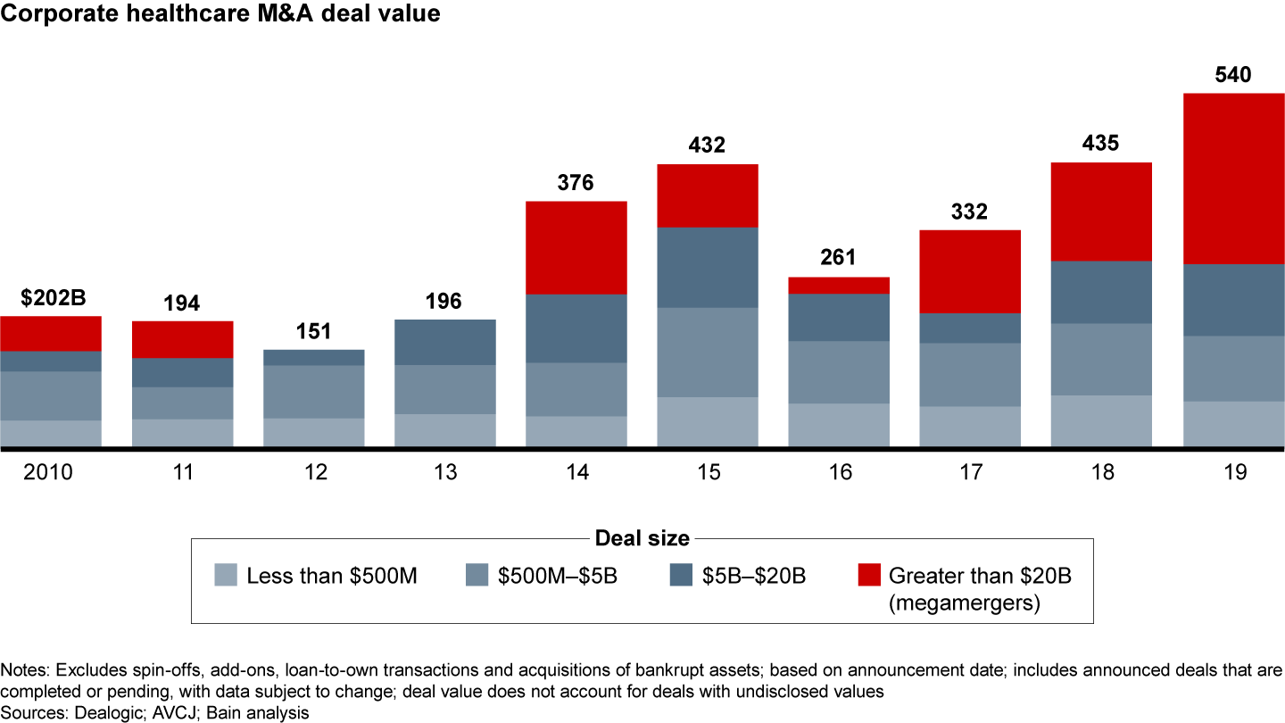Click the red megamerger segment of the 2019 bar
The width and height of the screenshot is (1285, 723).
click(x=1233, y=178)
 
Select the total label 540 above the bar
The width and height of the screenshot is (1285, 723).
click(x=1233, y=75)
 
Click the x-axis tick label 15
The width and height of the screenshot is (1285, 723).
click(x=708, y=472)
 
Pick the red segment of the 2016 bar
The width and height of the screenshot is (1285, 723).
click(x=839, y=285)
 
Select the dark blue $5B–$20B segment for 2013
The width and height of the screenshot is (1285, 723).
click(x=445, y=342)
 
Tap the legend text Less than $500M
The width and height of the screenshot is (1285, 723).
click(x=332, y=576)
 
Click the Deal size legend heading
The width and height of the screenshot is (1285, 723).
click(x=642, y=538)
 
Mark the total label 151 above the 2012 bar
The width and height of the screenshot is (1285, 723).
click(x=313, y=332)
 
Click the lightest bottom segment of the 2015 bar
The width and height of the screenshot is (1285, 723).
click(x=708, y=421)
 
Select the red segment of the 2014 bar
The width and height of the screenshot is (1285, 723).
click(x=576, y=247)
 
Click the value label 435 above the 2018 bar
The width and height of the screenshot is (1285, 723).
click(x=1101, y=144)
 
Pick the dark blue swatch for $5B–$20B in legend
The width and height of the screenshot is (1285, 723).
click(x=680, y=576)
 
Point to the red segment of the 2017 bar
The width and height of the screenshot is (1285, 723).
click(x=970, y=271)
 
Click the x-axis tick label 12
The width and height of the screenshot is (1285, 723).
click(x=313, y=472)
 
